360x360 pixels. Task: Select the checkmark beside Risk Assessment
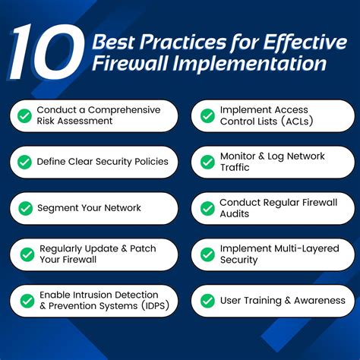coord(24,116)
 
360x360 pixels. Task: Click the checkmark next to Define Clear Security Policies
coord(24,162)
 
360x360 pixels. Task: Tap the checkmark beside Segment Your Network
coord(24,207)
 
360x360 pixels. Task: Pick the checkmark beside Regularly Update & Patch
coord(24,254)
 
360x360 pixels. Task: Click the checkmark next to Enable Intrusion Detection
coord(24,300)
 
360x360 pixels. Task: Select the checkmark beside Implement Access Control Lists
coord(207,116)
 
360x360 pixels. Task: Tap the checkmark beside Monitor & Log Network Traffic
coord(207,162)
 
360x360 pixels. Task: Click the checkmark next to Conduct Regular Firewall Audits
coord(207,207)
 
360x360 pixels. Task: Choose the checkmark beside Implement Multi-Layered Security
coord(207,254)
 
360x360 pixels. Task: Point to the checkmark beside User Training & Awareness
coord(207,300)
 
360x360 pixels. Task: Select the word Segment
coord(58,207)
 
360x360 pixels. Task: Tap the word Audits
coord(235,213)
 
